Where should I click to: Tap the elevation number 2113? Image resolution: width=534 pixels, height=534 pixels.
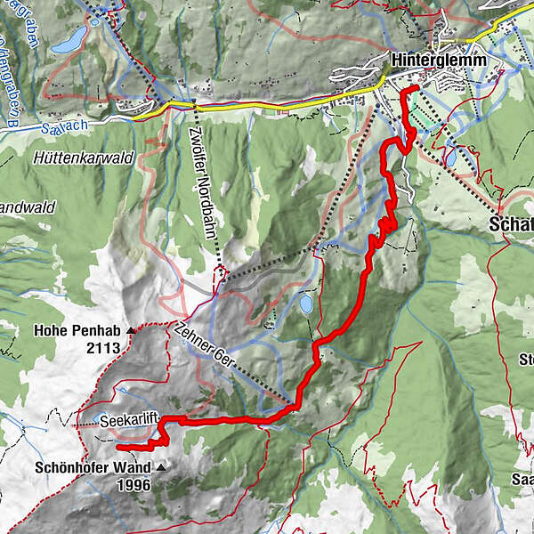coord(103,348)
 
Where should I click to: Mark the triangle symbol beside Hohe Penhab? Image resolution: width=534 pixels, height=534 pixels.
coord(132,331)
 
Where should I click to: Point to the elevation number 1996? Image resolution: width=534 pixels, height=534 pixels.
coord(133,485)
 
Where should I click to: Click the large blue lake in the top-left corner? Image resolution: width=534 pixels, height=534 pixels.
coord(69,39)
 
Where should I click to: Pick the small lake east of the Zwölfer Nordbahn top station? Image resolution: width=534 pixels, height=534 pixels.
coord(305,304)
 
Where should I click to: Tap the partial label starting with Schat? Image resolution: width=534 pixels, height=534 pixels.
coord(512,225)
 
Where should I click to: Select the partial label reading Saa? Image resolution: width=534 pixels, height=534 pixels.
coord(522,481)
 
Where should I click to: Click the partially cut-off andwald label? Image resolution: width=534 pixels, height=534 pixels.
coord(27,206)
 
